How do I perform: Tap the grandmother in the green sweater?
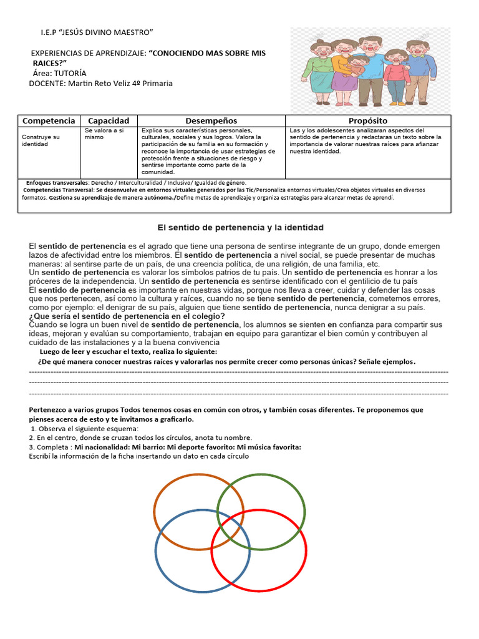321,67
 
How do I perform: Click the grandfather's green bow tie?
416,56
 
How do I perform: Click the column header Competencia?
49,120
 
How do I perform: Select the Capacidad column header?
108,120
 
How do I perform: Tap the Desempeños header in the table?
211,120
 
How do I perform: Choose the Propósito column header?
368,120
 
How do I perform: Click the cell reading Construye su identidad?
41,140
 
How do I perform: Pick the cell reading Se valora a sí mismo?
104,134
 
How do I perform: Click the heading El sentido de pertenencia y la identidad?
239,228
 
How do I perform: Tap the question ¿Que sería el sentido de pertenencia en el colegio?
127,316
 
